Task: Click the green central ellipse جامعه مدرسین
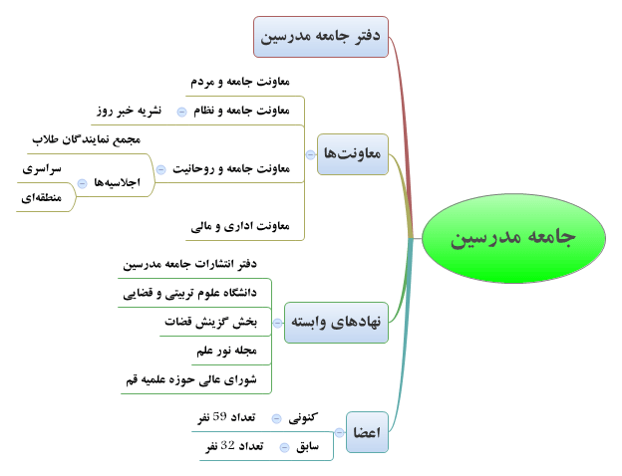coord(513,238)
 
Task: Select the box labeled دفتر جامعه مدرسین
coord(321,37)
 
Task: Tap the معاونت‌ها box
coord(353,154)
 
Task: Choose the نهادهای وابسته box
coord(336,323)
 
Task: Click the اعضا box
coord(367,432)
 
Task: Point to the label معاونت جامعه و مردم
coord(240,82)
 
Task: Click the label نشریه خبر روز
coord(129,111)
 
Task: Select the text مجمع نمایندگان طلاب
coord(86,139)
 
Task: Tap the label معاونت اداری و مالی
coord(240,226)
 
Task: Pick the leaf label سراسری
coord(42,169)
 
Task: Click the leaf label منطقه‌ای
coord(41,197)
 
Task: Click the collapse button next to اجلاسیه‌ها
coord(82,183)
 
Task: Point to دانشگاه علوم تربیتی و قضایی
coord(190,293)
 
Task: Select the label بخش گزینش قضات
coord(210,322)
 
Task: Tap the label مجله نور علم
coord(227,351)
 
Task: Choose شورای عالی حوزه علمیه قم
coord(191,379)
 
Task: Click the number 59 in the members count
coord(219,416)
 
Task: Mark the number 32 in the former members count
coord(227,445)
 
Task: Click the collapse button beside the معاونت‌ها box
coord(311,154)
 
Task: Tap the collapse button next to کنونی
coord(276,418)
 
